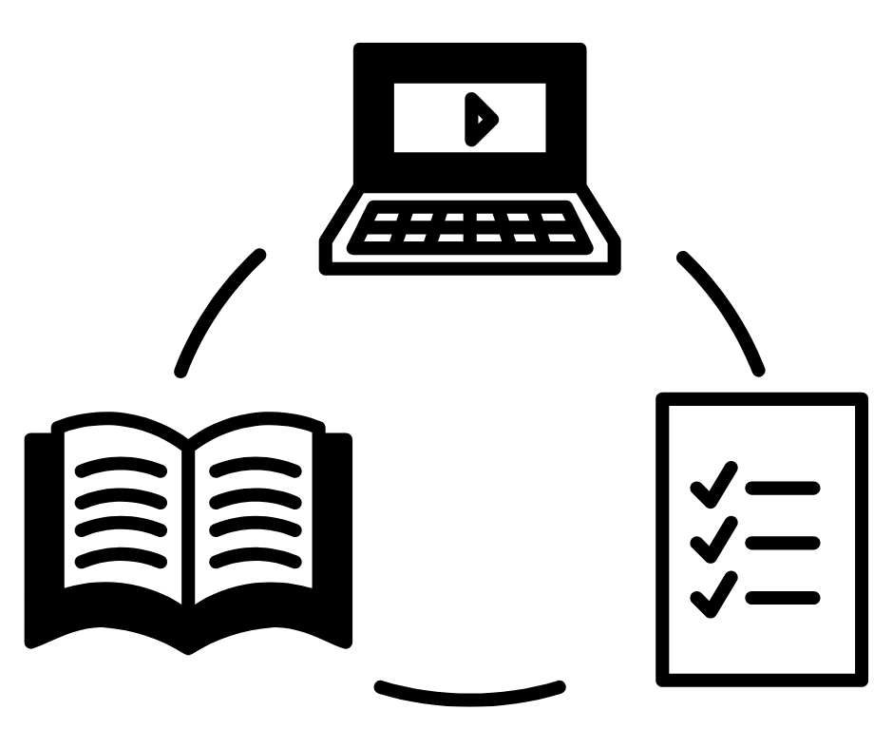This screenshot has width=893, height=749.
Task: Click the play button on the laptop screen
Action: [481, 119]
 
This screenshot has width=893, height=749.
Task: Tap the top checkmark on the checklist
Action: [713, 484]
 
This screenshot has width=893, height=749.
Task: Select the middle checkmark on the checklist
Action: [713, 539]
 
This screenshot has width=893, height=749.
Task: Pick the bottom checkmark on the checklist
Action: [713, 594]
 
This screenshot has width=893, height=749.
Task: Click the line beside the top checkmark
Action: [783, 489]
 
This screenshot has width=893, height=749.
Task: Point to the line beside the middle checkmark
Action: [783, 543]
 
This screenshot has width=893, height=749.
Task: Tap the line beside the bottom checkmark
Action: [783, 598]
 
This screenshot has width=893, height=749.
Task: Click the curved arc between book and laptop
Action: [217, 308]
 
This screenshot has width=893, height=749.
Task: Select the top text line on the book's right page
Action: [255, 465]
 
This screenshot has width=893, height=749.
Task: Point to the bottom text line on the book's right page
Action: [255, 558]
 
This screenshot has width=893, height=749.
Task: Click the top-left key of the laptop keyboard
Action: [386, 218]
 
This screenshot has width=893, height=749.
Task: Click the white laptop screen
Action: [427, 119]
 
